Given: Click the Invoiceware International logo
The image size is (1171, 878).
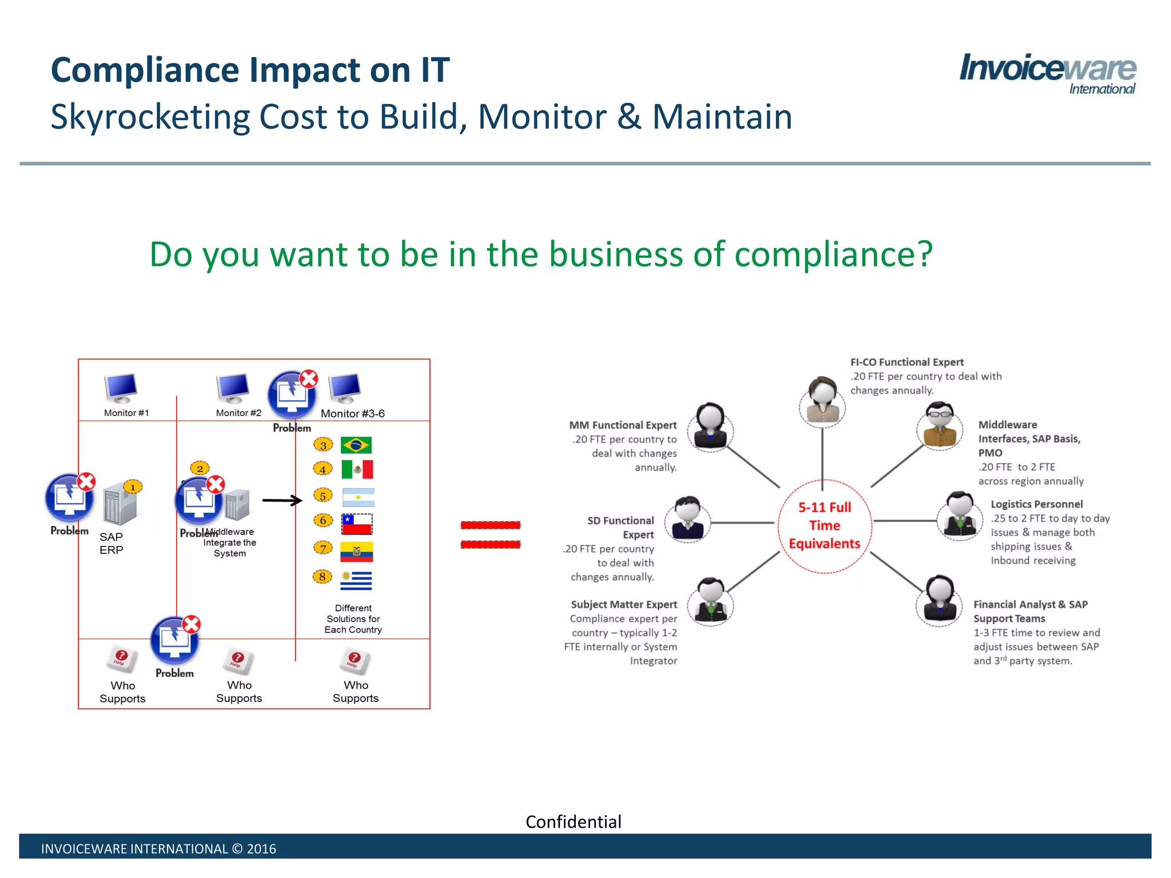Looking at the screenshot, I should tap(1047, 73).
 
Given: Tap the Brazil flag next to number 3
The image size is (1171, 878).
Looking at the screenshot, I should tap(356, 445).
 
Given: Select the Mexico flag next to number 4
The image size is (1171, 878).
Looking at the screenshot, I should tap(357, 469).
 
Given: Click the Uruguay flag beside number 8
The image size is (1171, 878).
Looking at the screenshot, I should tap(356, 580).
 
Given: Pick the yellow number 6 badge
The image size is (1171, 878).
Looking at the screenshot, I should tap(323, 520).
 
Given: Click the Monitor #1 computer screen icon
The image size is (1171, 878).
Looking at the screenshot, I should tap(121, 388).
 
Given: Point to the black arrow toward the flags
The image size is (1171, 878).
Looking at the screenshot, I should tap(282, 500).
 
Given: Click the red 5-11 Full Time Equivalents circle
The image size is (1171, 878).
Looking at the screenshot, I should tap(825, 525).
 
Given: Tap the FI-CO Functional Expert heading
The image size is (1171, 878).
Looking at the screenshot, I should tap(907, 362).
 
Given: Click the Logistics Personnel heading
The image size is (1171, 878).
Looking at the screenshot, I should tap(1037, 504).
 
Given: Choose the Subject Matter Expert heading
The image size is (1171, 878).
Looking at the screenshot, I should tap(624, 604).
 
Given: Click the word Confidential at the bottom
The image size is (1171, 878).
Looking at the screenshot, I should tap(573, 821).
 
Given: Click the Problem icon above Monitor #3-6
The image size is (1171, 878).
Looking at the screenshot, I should tap(292, 394).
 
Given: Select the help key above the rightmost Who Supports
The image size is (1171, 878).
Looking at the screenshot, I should tap(355, 660).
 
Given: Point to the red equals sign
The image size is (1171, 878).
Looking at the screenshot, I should tap(491, 534).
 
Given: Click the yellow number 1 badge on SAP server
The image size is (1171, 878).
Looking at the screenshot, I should tap(133, 487).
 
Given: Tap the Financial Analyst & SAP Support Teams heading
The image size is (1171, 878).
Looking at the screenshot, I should tap(1030, 611).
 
